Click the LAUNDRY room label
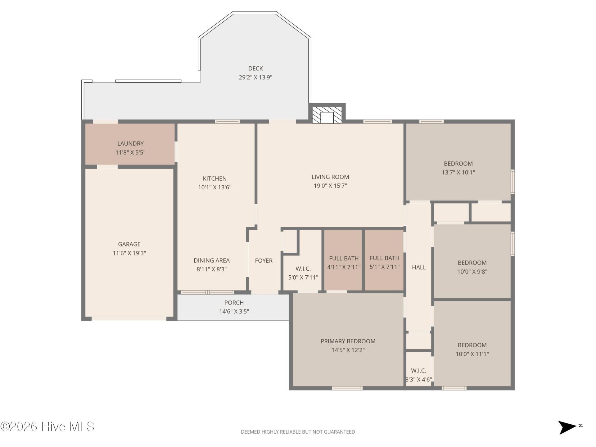[x=130, y=143]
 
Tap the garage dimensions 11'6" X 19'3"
[x=129, y=253]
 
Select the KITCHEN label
[x=214, y=178]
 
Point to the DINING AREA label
[x=212, y=260]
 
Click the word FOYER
[x=264, y=261]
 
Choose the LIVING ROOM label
[x=330, y=177]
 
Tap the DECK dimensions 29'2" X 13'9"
[x=255, y=77]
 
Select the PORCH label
[x=234, y=303]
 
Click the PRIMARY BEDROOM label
[x=348, y=341]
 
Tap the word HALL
[x=419, y=267]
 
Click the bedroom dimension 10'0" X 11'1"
[x=472, y=354]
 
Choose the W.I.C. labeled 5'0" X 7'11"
[x=303, y=273]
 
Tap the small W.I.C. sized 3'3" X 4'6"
[x=419, y=375]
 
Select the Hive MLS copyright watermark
[x=47, y=427]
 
